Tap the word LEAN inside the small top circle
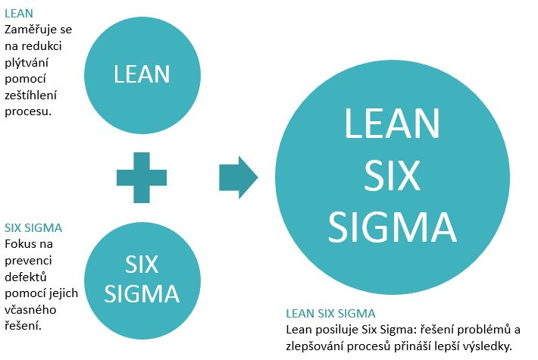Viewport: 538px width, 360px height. click(x=142, y=74)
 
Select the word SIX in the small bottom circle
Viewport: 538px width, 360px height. click(x=142, y=265)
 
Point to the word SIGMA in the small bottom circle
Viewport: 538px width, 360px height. click(x=142, y=293)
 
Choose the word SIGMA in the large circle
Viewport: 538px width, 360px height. click(x=392, y=225)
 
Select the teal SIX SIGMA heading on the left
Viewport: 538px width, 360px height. click(x=33, y=227)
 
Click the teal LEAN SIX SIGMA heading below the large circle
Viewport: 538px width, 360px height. click(x=331, y=313)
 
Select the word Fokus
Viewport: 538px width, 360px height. click(x=20, y=244)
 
